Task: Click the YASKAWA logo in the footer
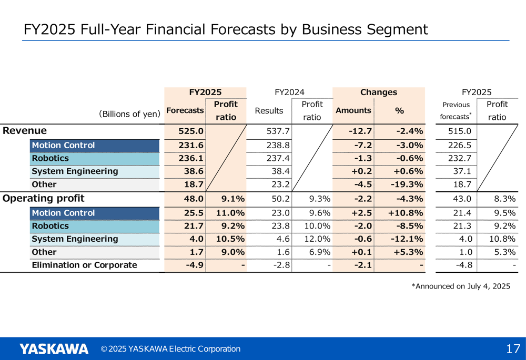coord(54,349)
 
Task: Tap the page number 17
coord(513,349)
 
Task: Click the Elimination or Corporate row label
coord(84,265)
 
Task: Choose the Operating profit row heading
coord(44,199)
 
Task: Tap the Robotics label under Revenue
coord(50,158)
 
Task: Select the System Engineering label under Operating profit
coord(75,239)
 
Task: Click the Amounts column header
coord(353,110)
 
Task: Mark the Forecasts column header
coord(185,110)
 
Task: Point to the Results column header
coord(269,110)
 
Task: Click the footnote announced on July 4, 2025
coord(461,286)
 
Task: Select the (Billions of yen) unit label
coord(129,114)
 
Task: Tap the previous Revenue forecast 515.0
coord(460,131)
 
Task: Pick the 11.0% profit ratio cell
coord(230,213)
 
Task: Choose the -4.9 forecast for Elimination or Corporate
coord(195,265)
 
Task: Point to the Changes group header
coord(378,92)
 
